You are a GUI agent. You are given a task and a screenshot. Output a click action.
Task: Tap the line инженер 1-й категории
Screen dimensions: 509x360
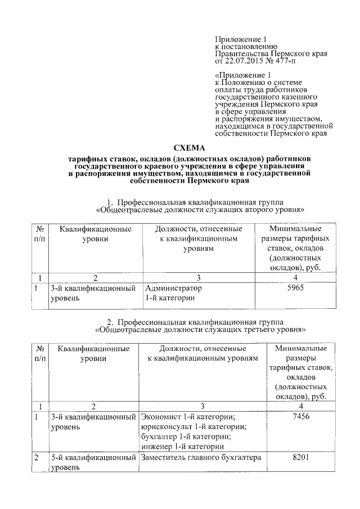[179, 447]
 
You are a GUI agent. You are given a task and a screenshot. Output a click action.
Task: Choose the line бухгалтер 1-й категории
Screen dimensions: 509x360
[183, 436]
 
